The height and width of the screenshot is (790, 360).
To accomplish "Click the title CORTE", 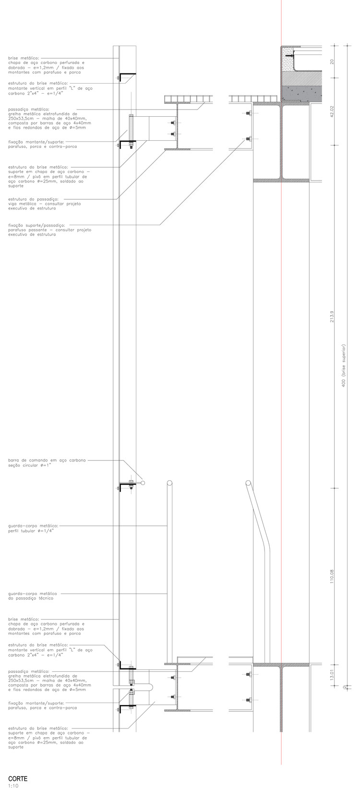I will (18, 778).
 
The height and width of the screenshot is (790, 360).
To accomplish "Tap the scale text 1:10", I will (13, 786).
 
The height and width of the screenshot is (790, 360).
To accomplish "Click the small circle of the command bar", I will (143, 482).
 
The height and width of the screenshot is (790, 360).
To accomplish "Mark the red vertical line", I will (281, 384).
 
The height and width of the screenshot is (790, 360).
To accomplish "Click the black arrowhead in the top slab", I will (287, 56).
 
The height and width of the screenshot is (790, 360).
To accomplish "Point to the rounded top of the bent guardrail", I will (248, 482).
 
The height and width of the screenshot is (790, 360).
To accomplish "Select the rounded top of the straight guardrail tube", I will (169, 482).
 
